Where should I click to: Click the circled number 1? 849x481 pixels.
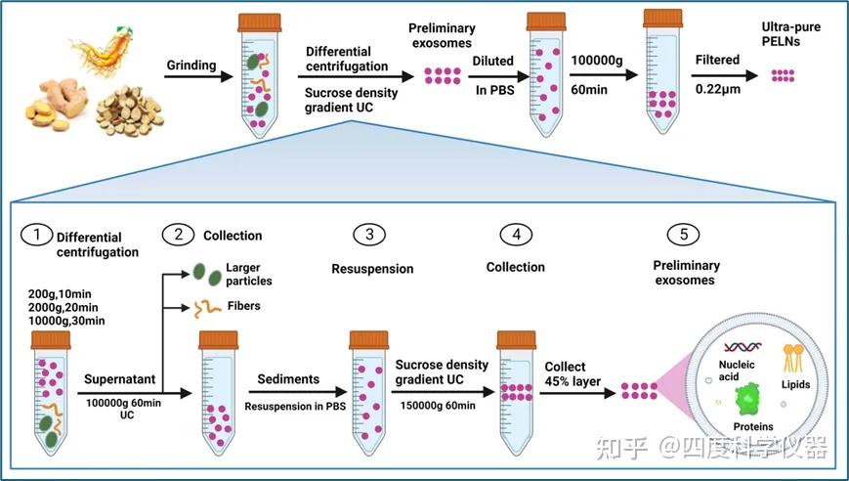(x=37, y=235)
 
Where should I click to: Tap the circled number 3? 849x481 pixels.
(x=369, y=235)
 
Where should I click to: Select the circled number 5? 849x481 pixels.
(x=683, y=235)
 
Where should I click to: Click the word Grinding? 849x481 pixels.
(x=191, y=66)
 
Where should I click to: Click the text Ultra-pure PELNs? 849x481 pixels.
(x=790, y=34)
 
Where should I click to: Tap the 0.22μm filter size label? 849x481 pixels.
(x=717, y=89)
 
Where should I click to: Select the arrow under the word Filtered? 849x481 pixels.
(x=724, y=76)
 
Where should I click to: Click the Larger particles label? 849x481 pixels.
(x=248, y=274)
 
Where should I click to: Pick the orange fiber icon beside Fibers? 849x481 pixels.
(x=207, y=308)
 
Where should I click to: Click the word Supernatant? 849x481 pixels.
(x=119, y=379)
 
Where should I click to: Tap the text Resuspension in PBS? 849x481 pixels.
(x=295, y=407)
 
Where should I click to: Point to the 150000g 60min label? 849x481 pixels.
(x=438, y=406)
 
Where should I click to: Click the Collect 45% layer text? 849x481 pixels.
(x=573, y=374)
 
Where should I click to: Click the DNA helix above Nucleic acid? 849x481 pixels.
(x=743, y=347)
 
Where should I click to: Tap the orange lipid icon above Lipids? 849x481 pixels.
(x=792, y=359)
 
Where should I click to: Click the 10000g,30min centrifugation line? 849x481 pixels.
(x=66, y=321)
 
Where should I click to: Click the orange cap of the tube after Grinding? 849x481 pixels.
(x=259, y=22)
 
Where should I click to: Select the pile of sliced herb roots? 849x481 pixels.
(x=129, y=111)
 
